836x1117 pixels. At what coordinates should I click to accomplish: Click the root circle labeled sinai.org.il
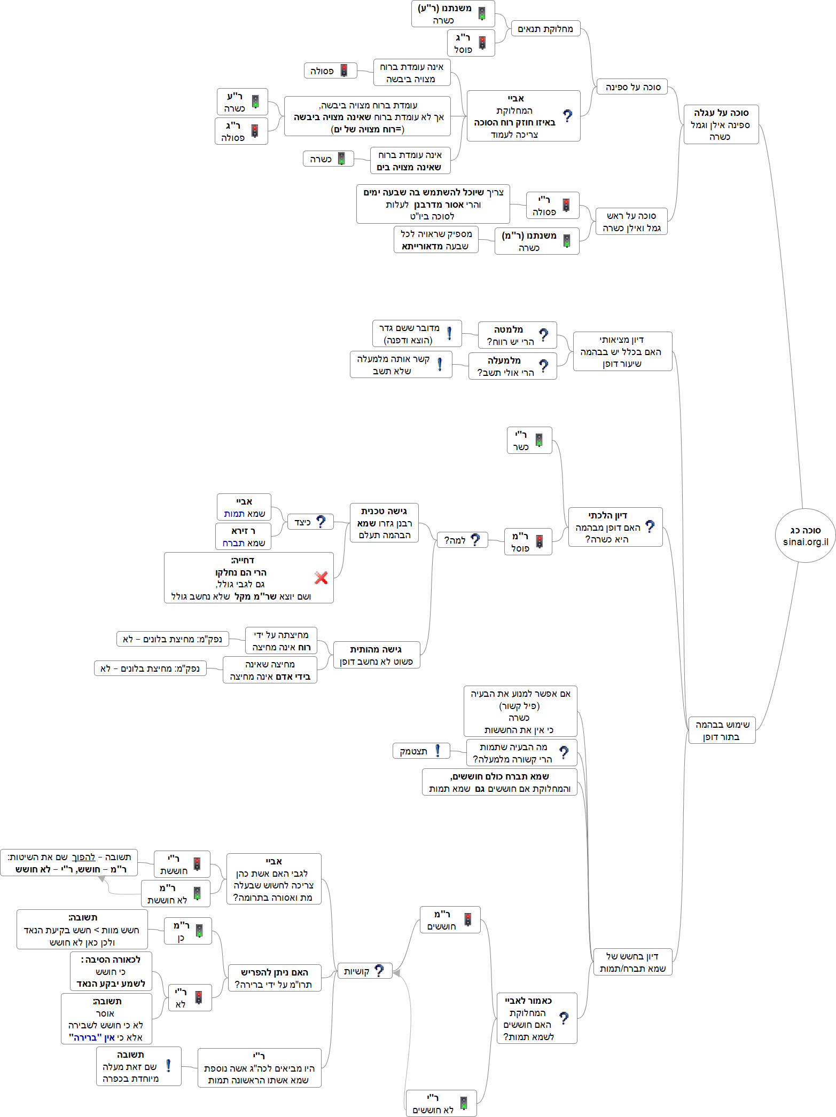pyautogui.click(x=805, y=536)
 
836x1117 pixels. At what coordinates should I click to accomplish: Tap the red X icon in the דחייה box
pyautogui.click(x=321, y=577)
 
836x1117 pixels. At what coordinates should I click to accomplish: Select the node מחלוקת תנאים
pyautogui.click(x=545, y=29)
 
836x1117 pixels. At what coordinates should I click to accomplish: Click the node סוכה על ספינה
pyautogui.click(x=633, y=87)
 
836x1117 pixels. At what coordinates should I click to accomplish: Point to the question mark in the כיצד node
pyautogui.click(x=321, y=522)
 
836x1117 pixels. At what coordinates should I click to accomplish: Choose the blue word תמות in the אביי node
pyautogui.click(x=234, y=514)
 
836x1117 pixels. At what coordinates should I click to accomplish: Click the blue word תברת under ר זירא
pyautogui.click(x=233, y=543)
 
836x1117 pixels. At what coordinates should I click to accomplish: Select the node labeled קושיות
pyautogui.click(x=364, y=971)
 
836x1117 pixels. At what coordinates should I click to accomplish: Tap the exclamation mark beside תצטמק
pyautogui.click(x=438, y=751)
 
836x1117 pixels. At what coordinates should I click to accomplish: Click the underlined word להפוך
pyautogui.click(x=83, y=857)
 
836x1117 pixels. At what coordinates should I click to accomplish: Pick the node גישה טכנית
pyautogui.click(x=384, y=523)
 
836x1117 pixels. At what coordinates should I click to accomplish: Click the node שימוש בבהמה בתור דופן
pyautogui.click(x=722, y=730)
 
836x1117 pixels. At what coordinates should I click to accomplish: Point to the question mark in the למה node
pyautogui.click(x=475, y=540)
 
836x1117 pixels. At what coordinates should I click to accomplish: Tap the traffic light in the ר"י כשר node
pyautogui.click(x=539, y=440)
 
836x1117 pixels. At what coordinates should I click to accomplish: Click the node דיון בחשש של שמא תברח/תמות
pyautogui.click(x=632, y=962)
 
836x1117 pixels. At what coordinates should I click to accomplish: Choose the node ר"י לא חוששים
pyautogui.click(x=441, y=1104)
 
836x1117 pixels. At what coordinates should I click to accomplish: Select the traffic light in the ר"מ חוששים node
pyautogui.click(x=468, y=919)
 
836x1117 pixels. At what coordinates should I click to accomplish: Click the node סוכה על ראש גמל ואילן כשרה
pyautogui.click(x=631, y=222)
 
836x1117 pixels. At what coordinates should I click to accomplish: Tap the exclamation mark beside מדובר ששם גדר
pyautogui.click(x=449, y=333)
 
